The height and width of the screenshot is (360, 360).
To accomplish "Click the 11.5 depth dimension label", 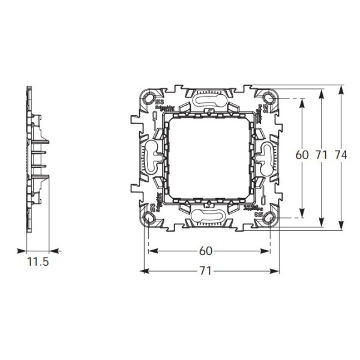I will point(37,262).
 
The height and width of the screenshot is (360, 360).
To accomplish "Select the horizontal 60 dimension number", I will point(205,250).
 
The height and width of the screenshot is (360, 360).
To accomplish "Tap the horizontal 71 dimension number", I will point(205,271).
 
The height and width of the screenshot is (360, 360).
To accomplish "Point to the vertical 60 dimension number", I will point(302,155).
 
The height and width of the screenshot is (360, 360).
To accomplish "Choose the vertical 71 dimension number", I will point(322,155).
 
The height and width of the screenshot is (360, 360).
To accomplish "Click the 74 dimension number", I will point(341,155).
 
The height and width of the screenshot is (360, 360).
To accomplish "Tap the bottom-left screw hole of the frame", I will point(148,217).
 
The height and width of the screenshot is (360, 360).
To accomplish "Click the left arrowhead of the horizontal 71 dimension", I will point(144,272).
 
